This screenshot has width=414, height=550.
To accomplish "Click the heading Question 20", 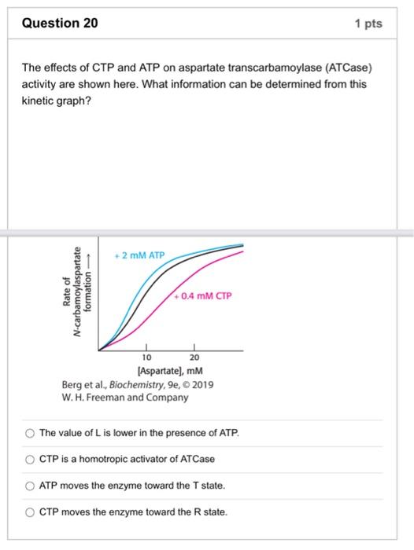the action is (61, 24).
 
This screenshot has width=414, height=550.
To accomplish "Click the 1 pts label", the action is (368, 24).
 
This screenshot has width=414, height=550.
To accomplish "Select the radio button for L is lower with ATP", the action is (29, 433).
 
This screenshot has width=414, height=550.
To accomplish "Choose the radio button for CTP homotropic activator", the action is (29, 459).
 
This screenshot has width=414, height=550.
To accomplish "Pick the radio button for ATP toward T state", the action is (29, 486).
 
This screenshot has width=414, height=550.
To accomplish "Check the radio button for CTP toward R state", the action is (29, 512).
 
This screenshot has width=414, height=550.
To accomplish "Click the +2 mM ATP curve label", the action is (139, 255).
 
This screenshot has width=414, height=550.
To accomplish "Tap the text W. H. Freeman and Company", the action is (124, 398).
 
